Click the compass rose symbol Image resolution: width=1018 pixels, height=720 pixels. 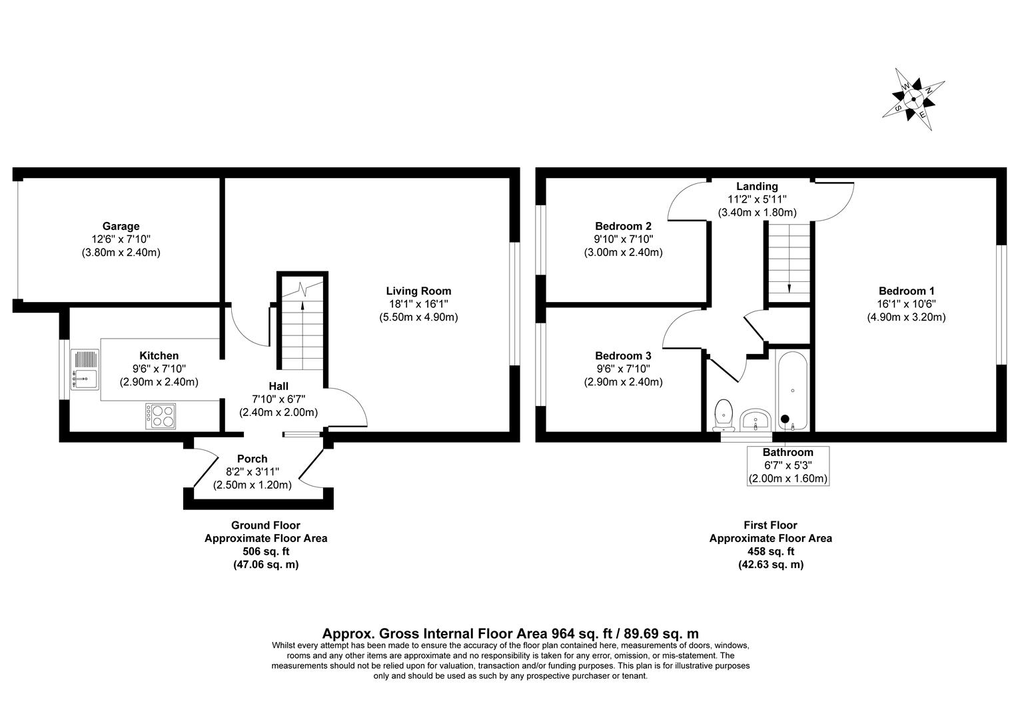pyautogui.click(x=913, y=99)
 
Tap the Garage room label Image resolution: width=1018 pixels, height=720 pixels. pyautogui.click(x=121, y=227)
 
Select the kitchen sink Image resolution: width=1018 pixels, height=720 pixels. pyautogui.click(x=85, y=369)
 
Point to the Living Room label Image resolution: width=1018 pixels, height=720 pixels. pyautogui.click(x=418, y=291)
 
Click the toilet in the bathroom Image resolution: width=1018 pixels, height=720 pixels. pyautogui.click(x=722, y=413)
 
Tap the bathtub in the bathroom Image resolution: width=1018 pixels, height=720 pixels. pyautogui.click(x=791, y=391)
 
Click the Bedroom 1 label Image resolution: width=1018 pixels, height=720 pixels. pyautogui.click(x=906, y=291)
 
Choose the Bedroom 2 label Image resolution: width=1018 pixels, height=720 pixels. pyautogui.click(x=623, y=227)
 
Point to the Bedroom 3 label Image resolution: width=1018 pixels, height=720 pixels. pyautogui.click(x=623, y=356)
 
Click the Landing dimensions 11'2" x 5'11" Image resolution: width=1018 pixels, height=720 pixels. pyautogui.click(x=757, y=199)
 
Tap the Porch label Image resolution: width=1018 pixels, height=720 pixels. pyautogui.click(x=252, y=459)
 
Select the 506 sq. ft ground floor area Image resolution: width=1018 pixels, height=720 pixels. pyautogui.click(x=265, y=551)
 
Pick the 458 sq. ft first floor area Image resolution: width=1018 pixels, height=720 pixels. pyautogui.click(x=770, y=551)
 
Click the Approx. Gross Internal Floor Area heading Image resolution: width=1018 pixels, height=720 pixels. pyautogui.click(x=510, y=633)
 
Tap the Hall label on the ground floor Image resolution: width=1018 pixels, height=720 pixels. pyautogui.click(x=278, y=386)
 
